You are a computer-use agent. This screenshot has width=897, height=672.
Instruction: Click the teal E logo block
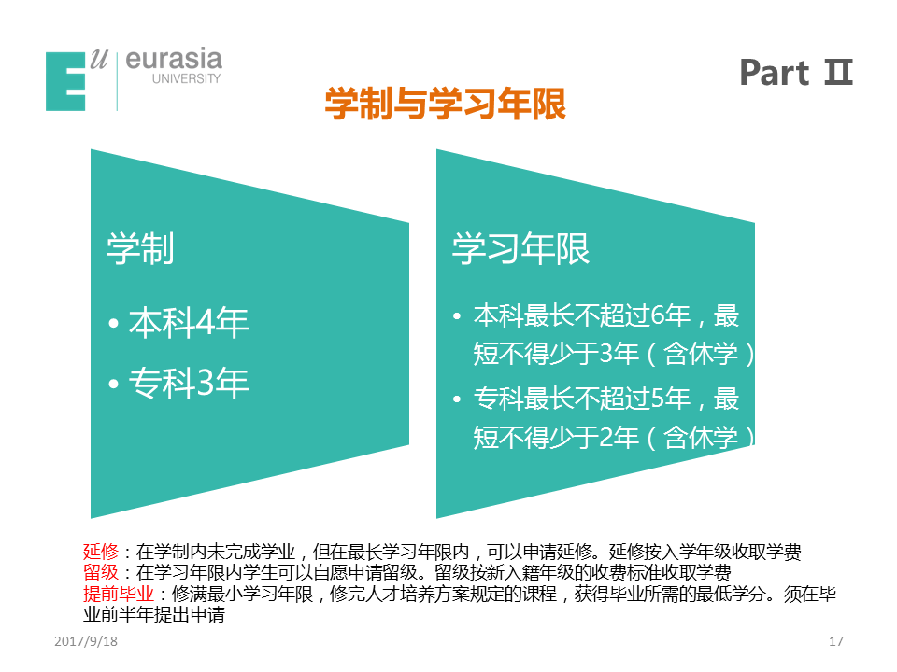pos(65,81)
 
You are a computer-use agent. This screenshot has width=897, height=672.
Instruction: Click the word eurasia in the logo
pos(174,60)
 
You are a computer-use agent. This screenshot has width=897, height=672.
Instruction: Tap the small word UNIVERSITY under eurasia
pos(186,78)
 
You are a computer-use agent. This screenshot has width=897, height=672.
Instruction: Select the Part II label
pos(796,73)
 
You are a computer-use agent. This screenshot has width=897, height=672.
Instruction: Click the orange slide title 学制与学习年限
pos(445,104)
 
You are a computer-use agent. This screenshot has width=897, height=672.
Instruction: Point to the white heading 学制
pos(140,248)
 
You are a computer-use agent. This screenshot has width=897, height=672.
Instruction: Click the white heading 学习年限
pos(520,248)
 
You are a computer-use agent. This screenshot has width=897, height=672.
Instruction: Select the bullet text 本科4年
pos(189,323)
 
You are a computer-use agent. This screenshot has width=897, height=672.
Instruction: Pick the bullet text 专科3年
pos(189,383)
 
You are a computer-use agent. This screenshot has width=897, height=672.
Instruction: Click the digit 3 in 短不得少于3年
pos(606,353)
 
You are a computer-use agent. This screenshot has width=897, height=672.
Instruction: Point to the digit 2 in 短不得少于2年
pos(606,437)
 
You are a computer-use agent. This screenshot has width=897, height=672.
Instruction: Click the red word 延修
pos(101,552)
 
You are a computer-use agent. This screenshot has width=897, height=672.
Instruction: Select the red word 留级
pos(101,572)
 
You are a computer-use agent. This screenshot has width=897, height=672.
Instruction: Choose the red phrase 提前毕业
pos(119,594)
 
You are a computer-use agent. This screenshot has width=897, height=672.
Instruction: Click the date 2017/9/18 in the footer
pos(86,641)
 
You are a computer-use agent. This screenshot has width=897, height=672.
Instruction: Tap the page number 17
pos(835,641)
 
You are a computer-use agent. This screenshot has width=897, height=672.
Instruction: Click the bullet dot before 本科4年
pos(113,324)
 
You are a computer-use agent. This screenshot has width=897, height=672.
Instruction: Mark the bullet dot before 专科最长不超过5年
pos(457,399)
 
